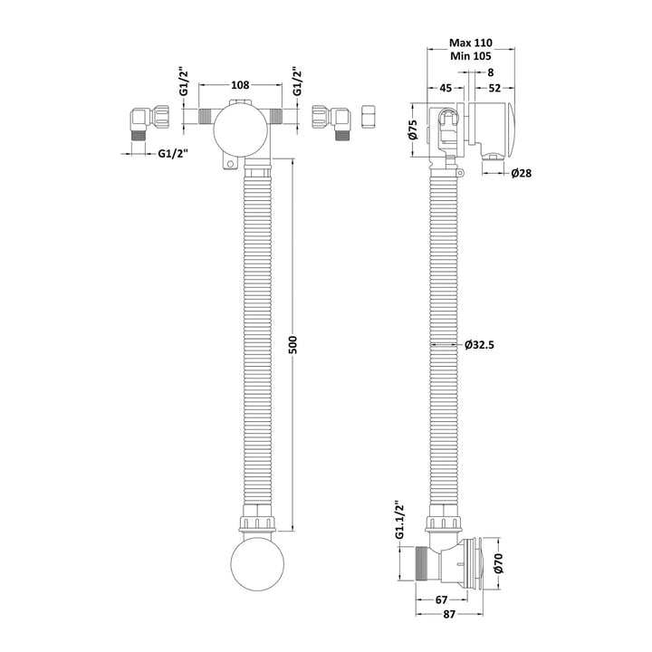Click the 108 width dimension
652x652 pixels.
tap(240, 85)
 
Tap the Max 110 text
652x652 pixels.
tap(470, 43)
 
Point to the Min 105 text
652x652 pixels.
tap(470, 57)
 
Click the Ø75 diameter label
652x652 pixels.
tap(412, 129)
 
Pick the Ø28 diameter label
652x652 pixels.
tap(520, 173)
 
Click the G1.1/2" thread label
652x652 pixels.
tap(398, 523)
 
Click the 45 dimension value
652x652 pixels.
tap(446, 88)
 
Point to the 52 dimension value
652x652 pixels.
tap(494, 88)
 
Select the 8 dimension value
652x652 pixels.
tap(490, 72)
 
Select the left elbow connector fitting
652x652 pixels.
tap(144, 120)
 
